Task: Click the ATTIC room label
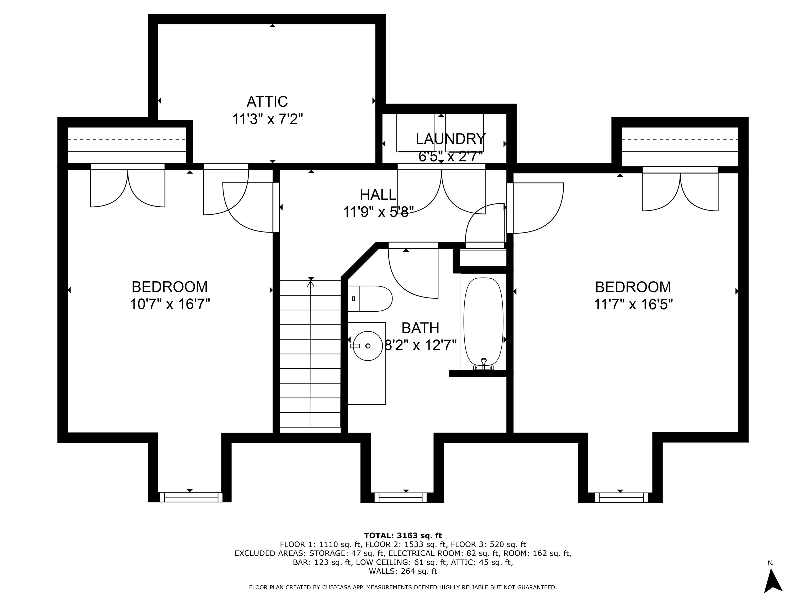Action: coord(267,101)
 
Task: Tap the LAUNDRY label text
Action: coord(451,139)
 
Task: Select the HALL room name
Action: coord(378,195)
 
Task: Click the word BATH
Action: coord(420,328)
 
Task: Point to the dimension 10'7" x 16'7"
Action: coord(170,304)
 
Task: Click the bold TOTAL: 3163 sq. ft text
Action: coord(403,536)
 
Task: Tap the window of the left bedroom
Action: coord(191,497)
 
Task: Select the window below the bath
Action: coord(400,497)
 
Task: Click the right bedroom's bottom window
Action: coord(621,497)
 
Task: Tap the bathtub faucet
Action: coord(484,363)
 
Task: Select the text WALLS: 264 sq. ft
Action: coord(403,571)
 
